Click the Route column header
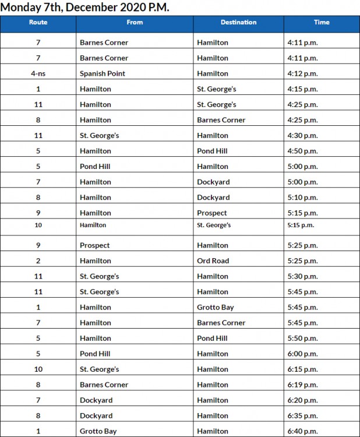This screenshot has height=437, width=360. [38, 22]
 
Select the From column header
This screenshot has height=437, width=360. [135, 22]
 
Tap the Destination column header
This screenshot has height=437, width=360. [238, 22]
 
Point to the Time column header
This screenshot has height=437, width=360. [322, 22]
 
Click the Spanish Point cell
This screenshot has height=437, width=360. [103, 73]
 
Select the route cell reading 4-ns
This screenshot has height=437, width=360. [38, 73]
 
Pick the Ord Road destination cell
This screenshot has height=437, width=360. [213, 260]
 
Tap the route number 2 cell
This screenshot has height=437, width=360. [38, 260]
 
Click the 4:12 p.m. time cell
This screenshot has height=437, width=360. [302, 73]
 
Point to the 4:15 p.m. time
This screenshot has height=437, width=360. [302, 89]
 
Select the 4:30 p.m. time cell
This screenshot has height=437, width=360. [302, 135]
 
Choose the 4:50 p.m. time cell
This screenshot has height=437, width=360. [302, 151]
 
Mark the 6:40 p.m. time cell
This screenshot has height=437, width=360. [302, 431]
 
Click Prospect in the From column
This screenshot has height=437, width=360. [95, 245]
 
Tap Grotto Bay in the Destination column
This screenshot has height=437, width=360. [216, 307]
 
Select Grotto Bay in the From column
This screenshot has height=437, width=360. [98, 431]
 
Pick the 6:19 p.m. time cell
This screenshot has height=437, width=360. [302, 385]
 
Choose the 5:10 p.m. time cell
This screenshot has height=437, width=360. [302, 198]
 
